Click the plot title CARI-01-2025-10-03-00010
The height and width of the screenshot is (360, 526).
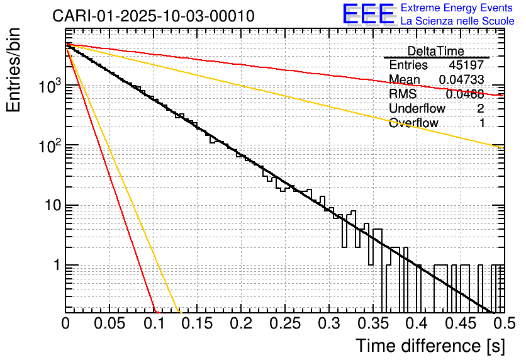[154, 16]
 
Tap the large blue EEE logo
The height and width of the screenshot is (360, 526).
[369, 15]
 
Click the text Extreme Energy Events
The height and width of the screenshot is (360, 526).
[457, 8]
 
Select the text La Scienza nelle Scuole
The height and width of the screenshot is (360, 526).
[457, 21]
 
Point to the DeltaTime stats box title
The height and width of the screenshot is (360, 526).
[435, 51]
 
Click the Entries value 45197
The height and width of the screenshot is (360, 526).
[466, 65]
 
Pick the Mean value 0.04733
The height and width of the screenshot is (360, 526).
[461, 79]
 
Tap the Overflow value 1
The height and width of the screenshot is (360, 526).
[482, 123]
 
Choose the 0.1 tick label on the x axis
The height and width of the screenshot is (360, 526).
[153, 324]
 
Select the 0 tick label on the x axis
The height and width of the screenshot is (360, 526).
[65, 324]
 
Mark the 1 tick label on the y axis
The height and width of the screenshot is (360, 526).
[55, 266]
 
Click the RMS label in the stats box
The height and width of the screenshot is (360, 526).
[403, 94]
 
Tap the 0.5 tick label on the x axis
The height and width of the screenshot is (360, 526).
[501, 324]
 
